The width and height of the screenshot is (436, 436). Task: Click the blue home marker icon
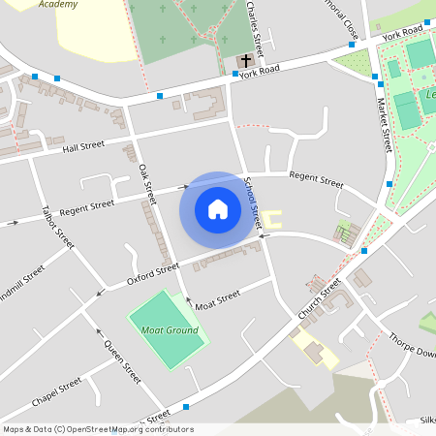pyautogui.click(x=218, y=209)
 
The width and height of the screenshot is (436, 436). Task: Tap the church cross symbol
pyautogui.click(x=245, y=60)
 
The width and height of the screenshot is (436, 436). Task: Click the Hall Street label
pyautogui.click(x=82, y=146)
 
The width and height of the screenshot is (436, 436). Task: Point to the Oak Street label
pyautogui.click(x=147, y=183)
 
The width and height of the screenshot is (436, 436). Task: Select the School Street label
pyautogui.click(x=253, y=204)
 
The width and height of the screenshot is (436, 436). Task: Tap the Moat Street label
pyautogui.click(x=217, y=300)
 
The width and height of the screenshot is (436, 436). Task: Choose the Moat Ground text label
pyautogui.click(x=170, y=330)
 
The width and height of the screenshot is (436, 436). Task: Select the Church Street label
pyautogui.click(x=320, y=301)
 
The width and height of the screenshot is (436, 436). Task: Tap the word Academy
pyautogui.click(x=58, y=5)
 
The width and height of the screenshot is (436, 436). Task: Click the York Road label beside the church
pyautogui.click(x=259, y=72)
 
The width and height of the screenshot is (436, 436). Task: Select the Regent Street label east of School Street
pyautogui.click(x=316, y=181)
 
